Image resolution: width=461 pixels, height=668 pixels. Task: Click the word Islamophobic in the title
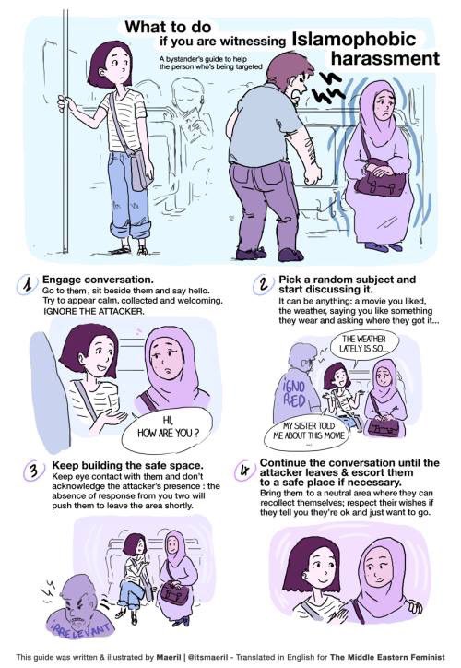[x=354, y=39]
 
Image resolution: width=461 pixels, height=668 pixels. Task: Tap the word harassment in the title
[x=384, y=58]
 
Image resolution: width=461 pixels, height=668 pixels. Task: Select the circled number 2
[x=264, y=284]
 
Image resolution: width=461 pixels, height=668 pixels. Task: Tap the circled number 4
[x=244, y=471]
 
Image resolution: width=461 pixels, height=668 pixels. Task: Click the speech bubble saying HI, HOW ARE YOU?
[x=167, y=429]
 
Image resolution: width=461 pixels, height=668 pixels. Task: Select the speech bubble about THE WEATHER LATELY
[x=364, y=344]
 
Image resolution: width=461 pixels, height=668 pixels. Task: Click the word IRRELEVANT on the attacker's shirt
[x=82, y=628]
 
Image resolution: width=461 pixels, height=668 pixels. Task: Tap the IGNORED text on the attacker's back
[x=294, y=393]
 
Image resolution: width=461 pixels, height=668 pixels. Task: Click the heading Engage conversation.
[x=98, y=280]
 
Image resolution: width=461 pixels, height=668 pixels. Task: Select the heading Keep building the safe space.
[x=128, y=465]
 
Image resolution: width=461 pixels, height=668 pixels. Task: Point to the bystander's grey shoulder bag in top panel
[x=140, y=171]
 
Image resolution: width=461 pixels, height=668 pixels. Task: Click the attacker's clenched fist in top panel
[x=313, y=174]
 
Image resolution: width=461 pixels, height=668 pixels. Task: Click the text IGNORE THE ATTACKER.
[x=94, y=312]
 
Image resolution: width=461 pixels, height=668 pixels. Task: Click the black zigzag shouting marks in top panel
[x=327, y=89]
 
